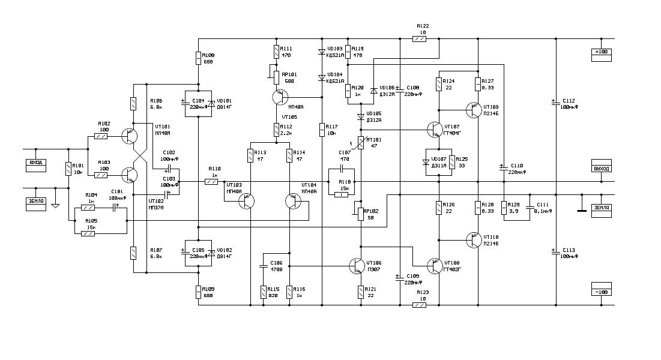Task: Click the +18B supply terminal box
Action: pos(601,52)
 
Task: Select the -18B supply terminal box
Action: pos(601,292)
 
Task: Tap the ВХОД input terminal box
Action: pos(35,163)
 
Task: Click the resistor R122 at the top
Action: pos(420,39)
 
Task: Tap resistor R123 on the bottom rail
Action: pos(420,305)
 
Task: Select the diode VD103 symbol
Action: pos(321,52)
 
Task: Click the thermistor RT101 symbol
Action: pos(361,143)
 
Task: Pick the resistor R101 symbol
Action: pos(68,169)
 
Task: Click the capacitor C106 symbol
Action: pos(263,265)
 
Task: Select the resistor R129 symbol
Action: pos(504,208)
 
